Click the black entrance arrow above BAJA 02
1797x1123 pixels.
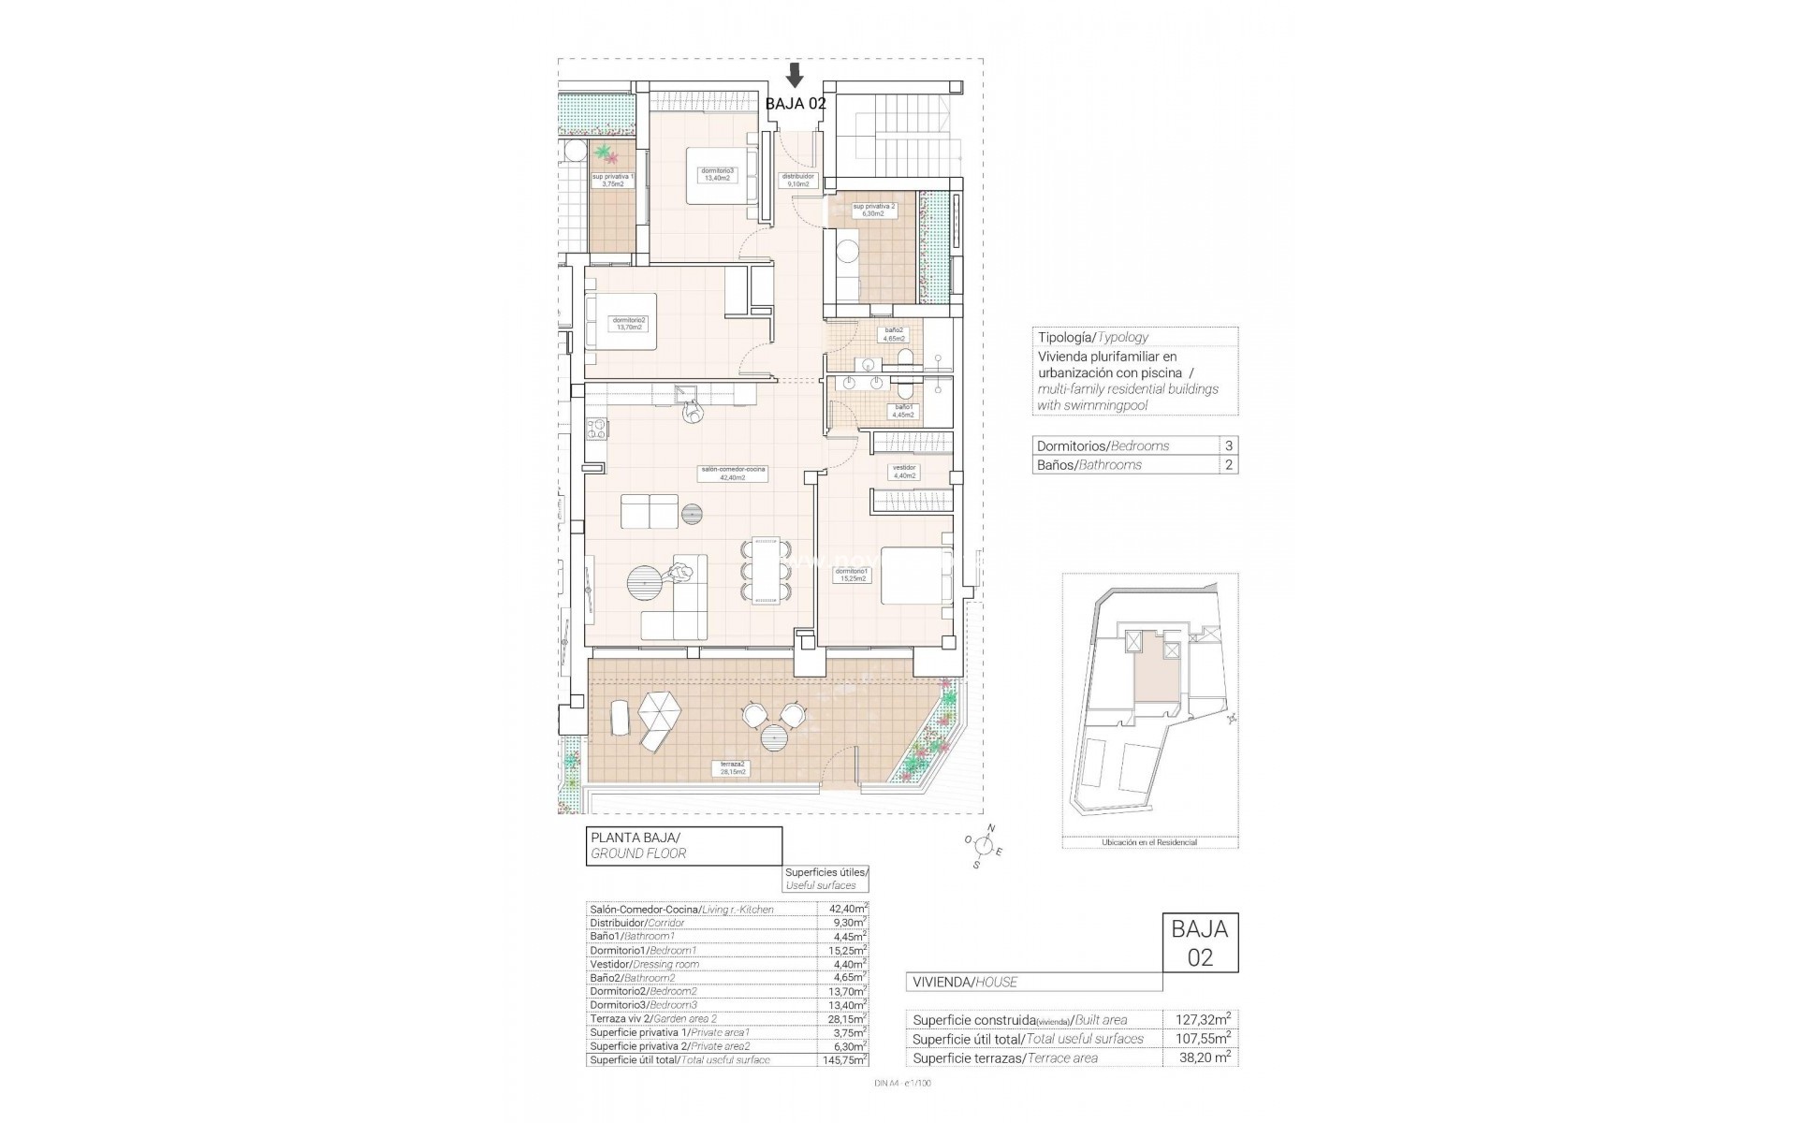click(795, 75)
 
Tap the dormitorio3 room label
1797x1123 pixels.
click(719, 174)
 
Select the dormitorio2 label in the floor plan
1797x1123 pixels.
click(629, 324)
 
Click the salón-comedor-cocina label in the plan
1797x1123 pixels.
click(732, 474)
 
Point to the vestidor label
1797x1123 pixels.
click(905, 471)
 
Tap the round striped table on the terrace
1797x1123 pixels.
click(776, 765)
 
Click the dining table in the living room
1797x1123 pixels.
click(766, 584)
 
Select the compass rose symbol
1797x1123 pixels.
click(983, 846)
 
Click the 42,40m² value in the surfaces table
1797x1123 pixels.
click(847, 909)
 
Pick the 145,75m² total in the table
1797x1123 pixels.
click(846, 1060)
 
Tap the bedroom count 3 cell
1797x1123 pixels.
click(1228, 446)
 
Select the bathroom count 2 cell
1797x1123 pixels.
click(1228, 465)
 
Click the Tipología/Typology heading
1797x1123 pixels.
click(1092, 337)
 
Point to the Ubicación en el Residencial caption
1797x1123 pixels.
click(1150, 842)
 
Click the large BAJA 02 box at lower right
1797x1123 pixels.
click(1200, 955)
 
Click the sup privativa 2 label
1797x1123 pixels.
click(873, 209)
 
